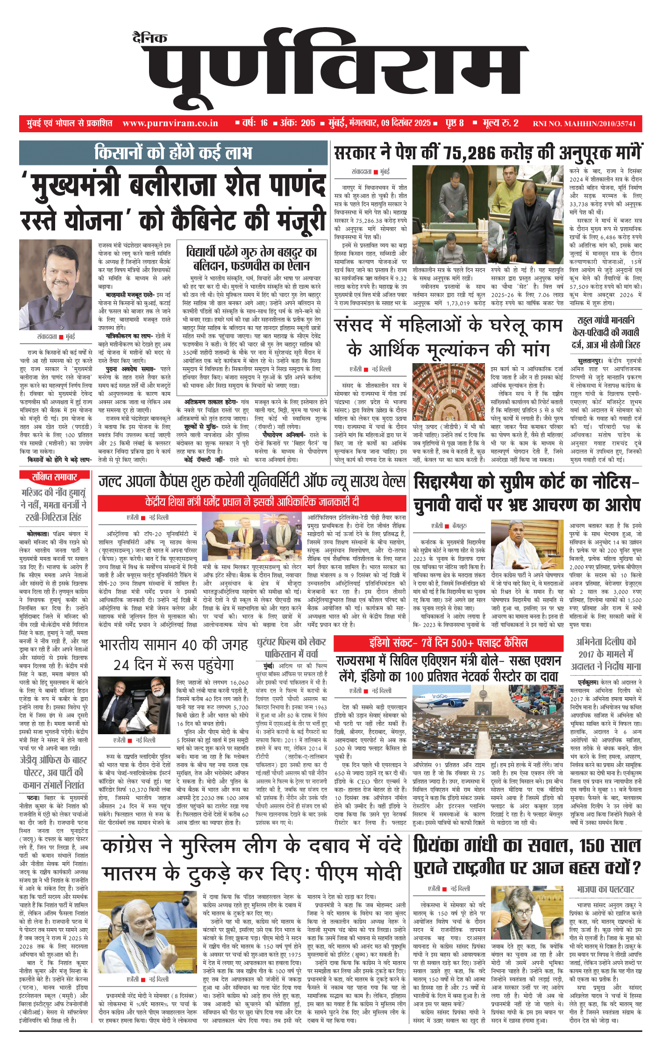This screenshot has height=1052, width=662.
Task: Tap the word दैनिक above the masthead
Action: [149, 38]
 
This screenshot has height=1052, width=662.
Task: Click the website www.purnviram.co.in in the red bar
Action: [170, 123]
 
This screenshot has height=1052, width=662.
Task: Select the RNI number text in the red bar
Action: [584, 124]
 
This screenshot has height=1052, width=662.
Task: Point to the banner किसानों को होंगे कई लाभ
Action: [173, 153]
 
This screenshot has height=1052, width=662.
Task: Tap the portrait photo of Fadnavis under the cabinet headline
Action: [56, 285]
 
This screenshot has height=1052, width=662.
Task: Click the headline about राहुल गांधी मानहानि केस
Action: [605, 332]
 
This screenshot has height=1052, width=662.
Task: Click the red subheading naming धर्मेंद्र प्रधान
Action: [252, 502]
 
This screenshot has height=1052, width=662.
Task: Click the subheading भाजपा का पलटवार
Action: [605, 889]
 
